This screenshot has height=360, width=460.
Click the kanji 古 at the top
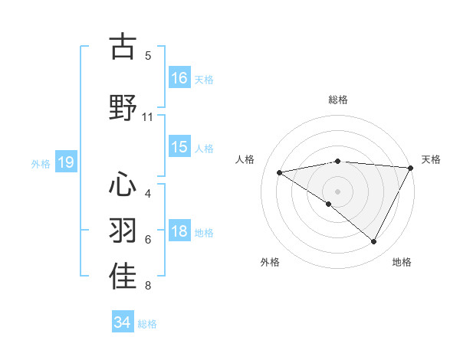point(123,47)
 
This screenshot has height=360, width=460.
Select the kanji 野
point(123,107)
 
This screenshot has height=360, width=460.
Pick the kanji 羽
point(123,231)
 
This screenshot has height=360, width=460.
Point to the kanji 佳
point(123,277)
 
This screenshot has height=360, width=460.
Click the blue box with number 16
point(179,78)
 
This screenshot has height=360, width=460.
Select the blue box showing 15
point(179,147)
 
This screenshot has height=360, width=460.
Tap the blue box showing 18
point(179,231)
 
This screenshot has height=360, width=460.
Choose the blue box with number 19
point(65,162)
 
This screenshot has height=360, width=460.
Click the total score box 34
point(123,322)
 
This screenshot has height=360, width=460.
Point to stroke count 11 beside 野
point(148,117)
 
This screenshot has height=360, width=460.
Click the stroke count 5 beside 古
point(148,56)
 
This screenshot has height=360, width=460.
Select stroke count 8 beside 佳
point(148,286)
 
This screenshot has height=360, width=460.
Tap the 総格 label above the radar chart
point(338,100)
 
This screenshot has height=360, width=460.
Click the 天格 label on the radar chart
point(432,159)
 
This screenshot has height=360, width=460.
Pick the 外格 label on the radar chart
point(270,262)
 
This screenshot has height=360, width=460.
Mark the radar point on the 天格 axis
point(411,168)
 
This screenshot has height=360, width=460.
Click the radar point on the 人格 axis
point(280,172)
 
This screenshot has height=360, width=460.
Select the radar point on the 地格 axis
point(374,242)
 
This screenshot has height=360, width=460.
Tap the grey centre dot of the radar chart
point(338,191)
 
